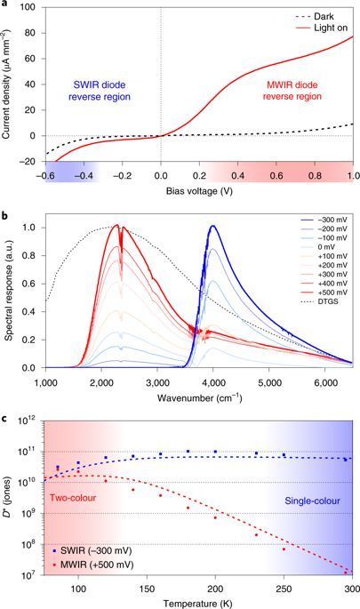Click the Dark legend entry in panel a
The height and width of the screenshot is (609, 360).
coord(314,17)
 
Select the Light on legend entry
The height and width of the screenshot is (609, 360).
coord(321,28)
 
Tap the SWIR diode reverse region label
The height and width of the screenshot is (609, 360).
coord(100,91)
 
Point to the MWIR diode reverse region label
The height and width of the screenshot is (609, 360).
coord(292,91)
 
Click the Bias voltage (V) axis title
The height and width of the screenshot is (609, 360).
coord(199,190)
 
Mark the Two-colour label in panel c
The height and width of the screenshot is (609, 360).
coord(73,498)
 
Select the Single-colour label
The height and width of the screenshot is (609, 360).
coord(313,501)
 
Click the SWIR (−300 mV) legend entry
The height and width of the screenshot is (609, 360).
coord(93,550)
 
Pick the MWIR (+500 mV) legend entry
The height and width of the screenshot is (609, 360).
coord(93,565)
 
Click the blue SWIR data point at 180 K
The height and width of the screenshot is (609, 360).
coord(188,451)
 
